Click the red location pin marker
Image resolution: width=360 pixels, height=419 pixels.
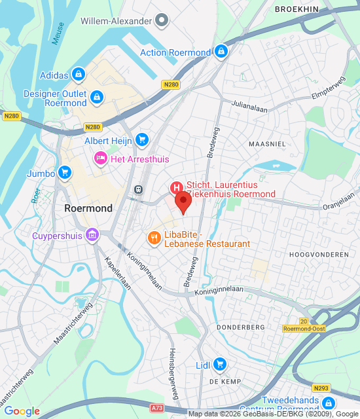coord(183,201)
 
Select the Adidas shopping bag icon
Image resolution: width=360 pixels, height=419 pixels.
coord(79,75)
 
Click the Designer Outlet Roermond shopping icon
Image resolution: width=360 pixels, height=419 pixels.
coord(97,98)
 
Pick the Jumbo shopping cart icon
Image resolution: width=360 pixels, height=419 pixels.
coord(64,173)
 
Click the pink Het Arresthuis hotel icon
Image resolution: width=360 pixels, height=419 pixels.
coord(100,157)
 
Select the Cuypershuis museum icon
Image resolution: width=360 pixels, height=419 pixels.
coord(92,234)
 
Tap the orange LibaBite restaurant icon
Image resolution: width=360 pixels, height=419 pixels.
coord(154,238)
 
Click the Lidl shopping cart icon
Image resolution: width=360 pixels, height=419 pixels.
coord(220,364)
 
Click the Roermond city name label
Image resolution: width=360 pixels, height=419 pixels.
coord(88,208)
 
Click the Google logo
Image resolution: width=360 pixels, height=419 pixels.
coord(22,411)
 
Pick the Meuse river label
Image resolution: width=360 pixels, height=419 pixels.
coord(58,33)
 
